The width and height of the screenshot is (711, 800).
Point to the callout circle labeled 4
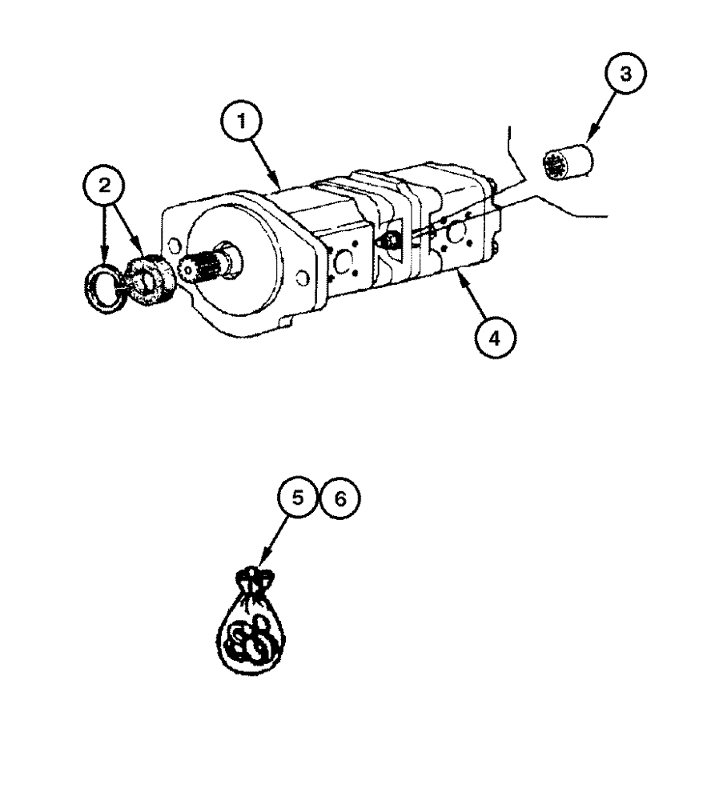tap(494, 339)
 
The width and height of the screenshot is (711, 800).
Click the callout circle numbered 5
tap(298, 498)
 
